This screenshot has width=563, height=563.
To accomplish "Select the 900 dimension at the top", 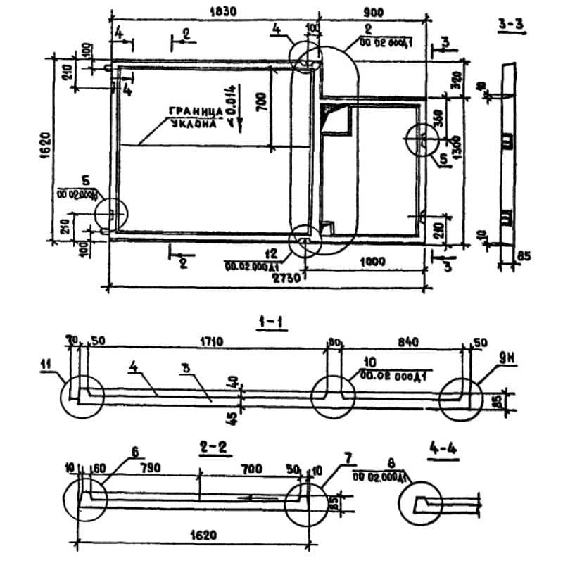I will (x=372, y=11).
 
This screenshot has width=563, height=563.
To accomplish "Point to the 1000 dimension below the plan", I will (x=372, y=262).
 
